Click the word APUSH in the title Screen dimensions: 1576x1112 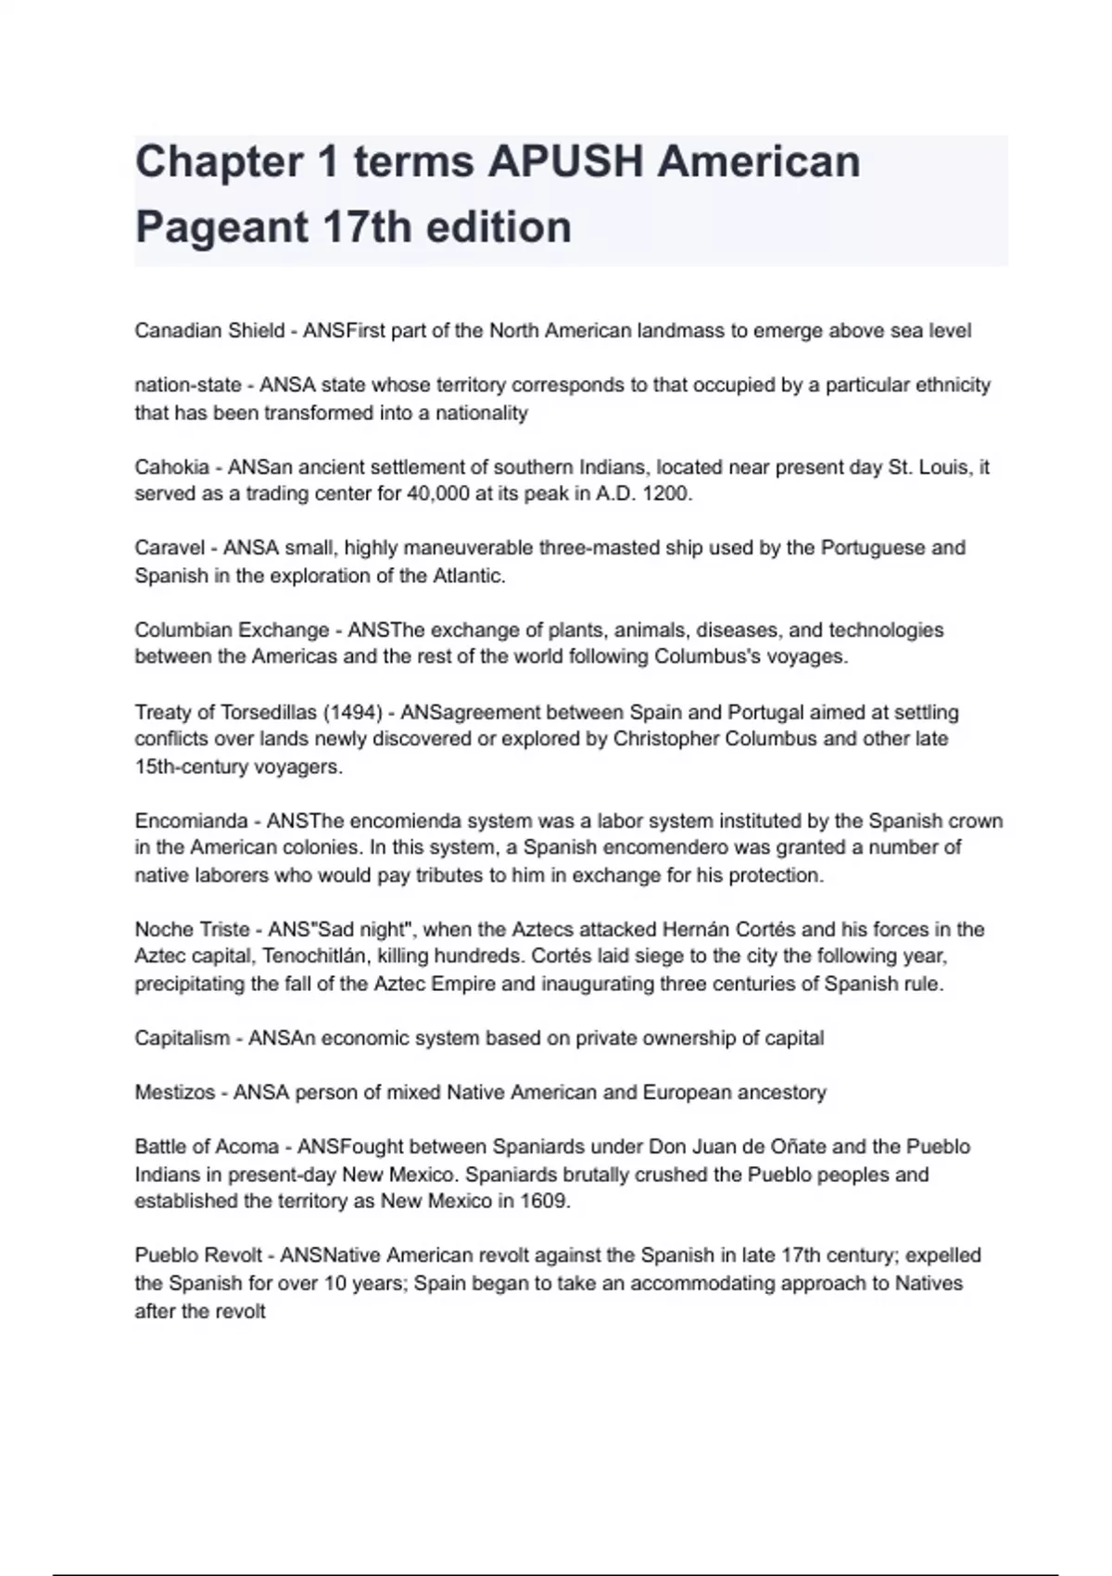565,162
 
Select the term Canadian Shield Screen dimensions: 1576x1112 209,331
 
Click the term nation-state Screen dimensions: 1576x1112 188,385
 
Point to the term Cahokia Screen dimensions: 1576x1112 171,467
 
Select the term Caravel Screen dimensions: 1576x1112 170,548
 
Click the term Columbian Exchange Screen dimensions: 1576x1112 232,630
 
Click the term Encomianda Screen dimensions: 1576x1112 191,821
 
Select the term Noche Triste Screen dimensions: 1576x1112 192,930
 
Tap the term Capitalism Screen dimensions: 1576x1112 182,1038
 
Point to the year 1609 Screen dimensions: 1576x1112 545,1201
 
